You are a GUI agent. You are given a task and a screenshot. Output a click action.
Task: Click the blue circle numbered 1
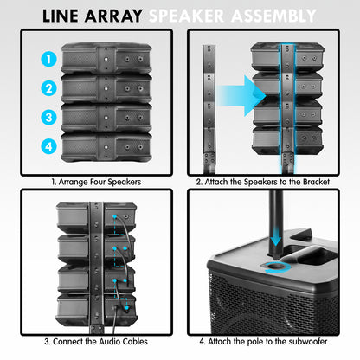(x=50, y=60)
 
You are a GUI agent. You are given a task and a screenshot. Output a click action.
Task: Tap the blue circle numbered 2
(x=50, y=87)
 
